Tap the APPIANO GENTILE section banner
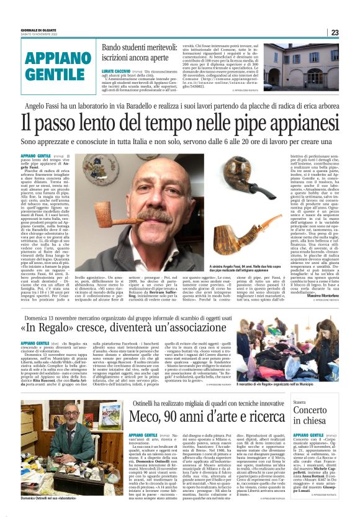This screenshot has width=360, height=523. [56, 65]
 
